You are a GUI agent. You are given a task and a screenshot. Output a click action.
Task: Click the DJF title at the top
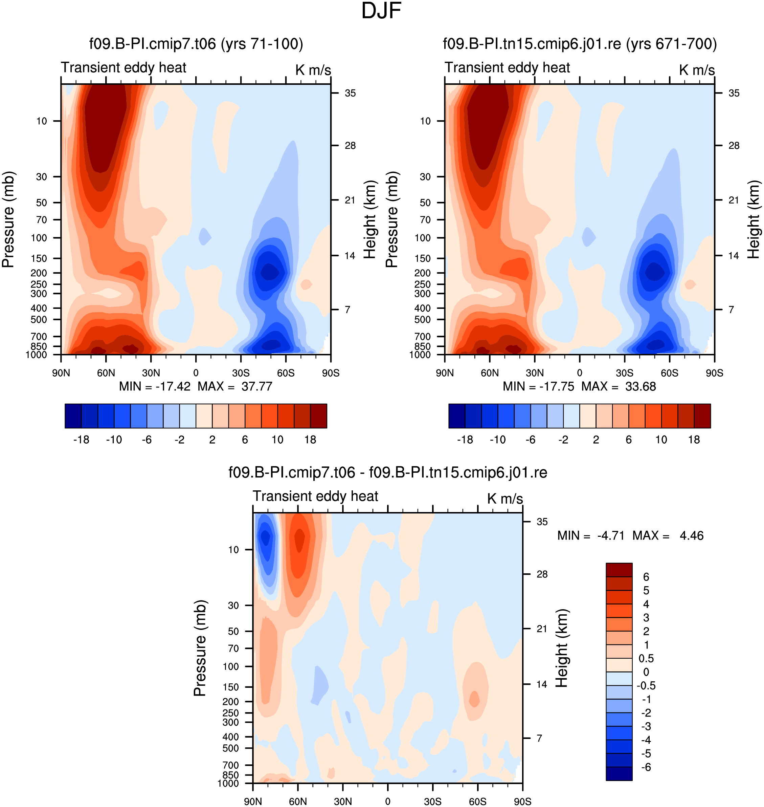pos(381,11)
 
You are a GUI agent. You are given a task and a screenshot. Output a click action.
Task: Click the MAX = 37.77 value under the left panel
pos(235,386)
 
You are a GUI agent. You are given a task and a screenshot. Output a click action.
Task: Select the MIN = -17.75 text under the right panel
pos(538,386)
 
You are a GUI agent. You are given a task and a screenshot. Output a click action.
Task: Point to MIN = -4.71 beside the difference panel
pos(590,535)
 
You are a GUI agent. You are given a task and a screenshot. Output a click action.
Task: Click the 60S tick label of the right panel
pos(670,373)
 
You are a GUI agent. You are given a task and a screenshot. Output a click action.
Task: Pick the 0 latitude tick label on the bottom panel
pos(388,801)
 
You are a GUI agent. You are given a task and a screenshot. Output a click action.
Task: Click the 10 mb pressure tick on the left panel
pos(42,121)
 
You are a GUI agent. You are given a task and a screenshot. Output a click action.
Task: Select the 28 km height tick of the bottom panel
pos(542,574)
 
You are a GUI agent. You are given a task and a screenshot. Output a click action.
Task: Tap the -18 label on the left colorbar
pos(81,440)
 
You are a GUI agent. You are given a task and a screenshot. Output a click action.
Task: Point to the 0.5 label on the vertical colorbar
pos(646,659)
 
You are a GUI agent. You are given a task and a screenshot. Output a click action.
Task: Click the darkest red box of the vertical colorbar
pos(619,570)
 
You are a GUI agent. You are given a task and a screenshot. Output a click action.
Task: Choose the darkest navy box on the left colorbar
pos(73,416)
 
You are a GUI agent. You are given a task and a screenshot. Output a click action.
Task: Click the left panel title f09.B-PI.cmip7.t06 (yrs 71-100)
pos(196,44)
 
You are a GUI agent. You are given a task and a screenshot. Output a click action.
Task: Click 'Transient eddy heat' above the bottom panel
pos(316,496)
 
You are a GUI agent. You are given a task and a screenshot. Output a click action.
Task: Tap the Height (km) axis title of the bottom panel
pos(562,649)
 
